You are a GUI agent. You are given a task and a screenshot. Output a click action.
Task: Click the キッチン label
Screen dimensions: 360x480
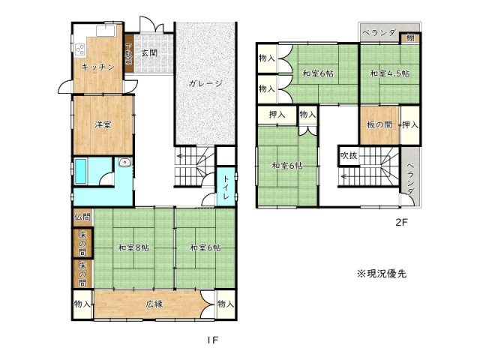[98, 67]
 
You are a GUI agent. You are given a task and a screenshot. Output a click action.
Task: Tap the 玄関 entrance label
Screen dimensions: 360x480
[149, 52]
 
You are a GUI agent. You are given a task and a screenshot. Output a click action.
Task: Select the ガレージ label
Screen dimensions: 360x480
[205, 83]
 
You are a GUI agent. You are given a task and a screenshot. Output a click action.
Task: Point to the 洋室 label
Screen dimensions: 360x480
[103, 124]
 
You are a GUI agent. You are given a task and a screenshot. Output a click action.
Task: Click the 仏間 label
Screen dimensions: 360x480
[82, 217]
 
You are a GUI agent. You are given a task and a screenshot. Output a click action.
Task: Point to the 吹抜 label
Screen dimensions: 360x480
[349, 155]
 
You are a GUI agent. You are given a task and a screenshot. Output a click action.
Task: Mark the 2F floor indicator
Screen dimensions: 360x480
[401, 222]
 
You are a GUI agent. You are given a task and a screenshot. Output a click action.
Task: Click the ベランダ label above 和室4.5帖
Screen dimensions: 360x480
[378, 32]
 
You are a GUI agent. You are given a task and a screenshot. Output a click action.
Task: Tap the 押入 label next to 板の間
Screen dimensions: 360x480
[409, 124]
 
